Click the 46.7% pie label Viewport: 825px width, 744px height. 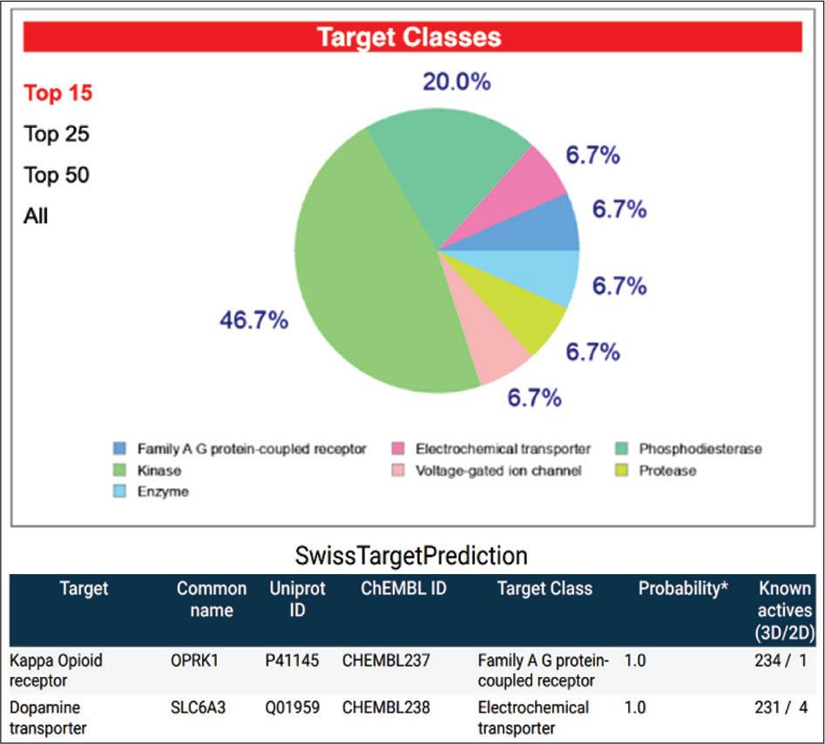pos(254,321)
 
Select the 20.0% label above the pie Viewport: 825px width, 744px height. pos(456,82)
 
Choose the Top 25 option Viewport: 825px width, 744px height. pos(57,134)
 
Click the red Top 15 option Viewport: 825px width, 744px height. pos(57,92)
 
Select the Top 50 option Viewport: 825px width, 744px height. pos(57,175)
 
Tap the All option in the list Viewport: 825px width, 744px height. pos(36,216)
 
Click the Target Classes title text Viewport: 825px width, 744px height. pos(409,37)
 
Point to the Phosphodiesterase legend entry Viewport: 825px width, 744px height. pos(700,449)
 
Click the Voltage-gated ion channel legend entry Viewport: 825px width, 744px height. pos(498,470)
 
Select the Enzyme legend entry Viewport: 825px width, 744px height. pos(162,491)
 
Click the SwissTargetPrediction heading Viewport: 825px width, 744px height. pos(411,556)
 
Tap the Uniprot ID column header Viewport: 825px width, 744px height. pos(297,599)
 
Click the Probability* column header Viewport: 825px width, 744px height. pos(684,589)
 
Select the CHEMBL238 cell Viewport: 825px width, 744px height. pos(386,707)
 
